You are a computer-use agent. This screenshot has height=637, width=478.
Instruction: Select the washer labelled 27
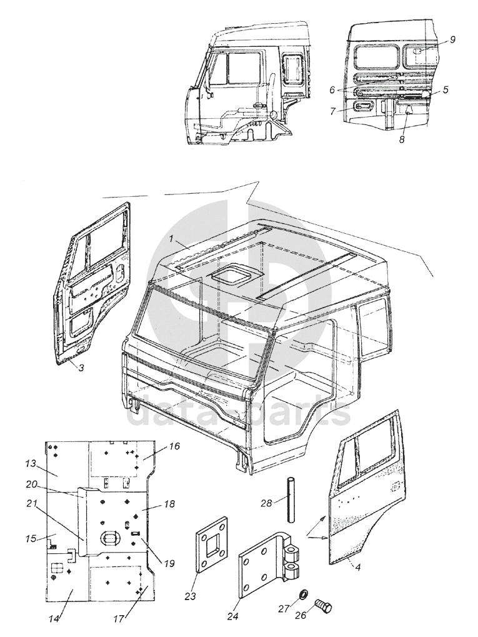pos(301,592)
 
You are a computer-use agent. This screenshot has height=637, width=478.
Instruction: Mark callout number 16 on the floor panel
pos(174,446)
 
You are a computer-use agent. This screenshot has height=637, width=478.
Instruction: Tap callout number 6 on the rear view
pos(332,89)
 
